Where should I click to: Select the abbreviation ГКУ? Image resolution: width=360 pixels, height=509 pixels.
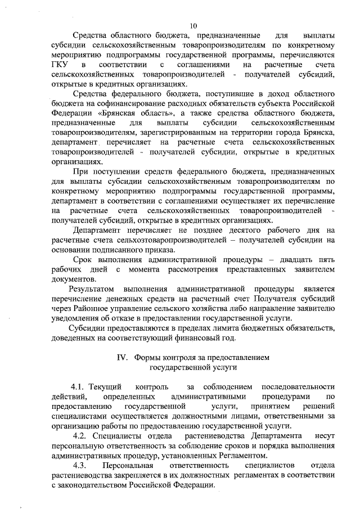point(60,65)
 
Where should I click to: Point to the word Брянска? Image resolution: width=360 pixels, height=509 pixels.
point(319,132)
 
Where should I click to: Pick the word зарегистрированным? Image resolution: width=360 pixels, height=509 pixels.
point(181,132)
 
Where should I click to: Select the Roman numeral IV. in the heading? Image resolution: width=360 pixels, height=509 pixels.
point(122,357)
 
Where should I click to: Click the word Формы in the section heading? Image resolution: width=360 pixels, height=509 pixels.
point(147,357)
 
